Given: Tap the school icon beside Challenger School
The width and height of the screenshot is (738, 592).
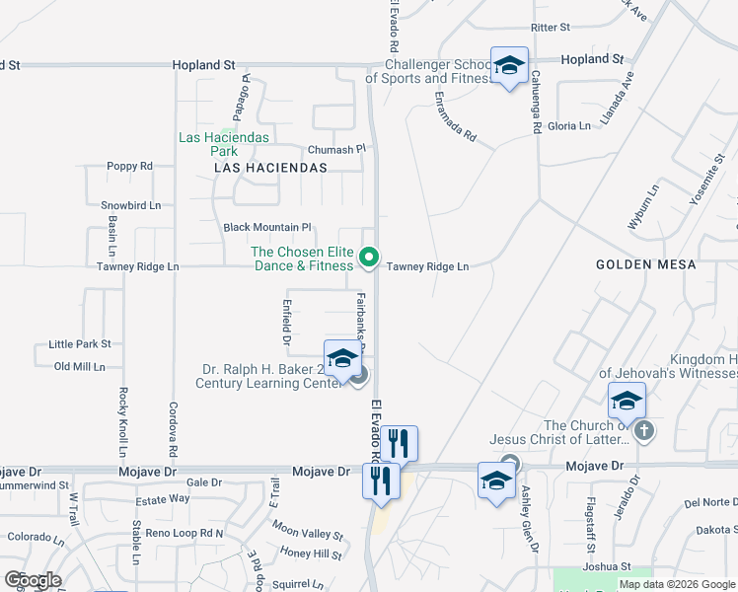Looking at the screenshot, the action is tap(509, 66).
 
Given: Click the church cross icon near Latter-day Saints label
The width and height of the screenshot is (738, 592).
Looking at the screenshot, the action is tap(643, 430).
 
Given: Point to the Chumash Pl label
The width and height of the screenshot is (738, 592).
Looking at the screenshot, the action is tap(336, 149).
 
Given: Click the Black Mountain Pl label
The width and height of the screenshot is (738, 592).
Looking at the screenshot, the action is tap(267, 227).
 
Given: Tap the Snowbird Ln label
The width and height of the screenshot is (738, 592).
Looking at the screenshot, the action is tap(130, 205).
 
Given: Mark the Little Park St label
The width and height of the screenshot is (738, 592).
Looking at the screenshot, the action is tap(80, 344).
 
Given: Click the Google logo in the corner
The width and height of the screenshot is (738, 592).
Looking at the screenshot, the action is tap(33, 580).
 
